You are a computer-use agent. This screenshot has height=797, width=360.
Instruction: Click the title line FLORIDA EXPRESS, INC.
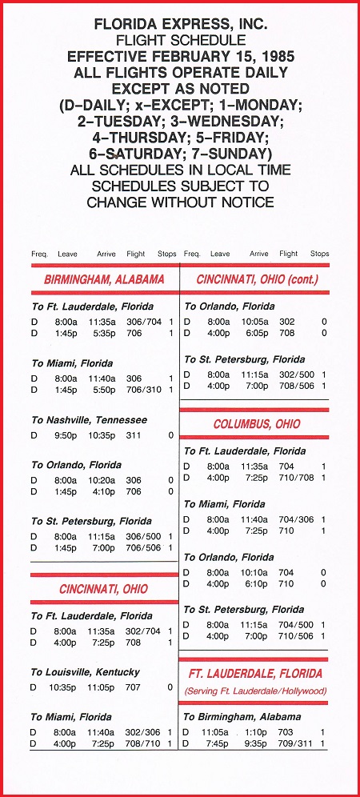179,25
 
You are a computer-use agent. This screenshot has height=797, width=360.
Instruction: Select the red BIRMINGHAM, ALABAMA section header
104,280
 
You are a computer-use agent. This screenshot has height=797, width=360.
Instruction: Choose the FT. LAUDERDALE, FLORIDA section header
256,673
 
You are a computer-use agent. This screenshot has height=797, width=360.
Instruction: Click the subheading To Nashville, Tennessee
89,420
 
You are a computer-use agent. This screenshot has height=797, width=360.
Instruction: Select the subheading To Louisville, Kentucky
86,672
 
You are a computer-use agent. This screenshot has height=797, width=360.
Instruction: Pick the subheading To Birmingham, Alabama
242,717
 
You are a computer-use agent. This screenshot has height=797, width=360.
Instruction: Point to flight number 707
134,687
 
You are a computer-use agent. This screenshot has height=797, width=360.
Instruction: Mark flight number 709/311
296,743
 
